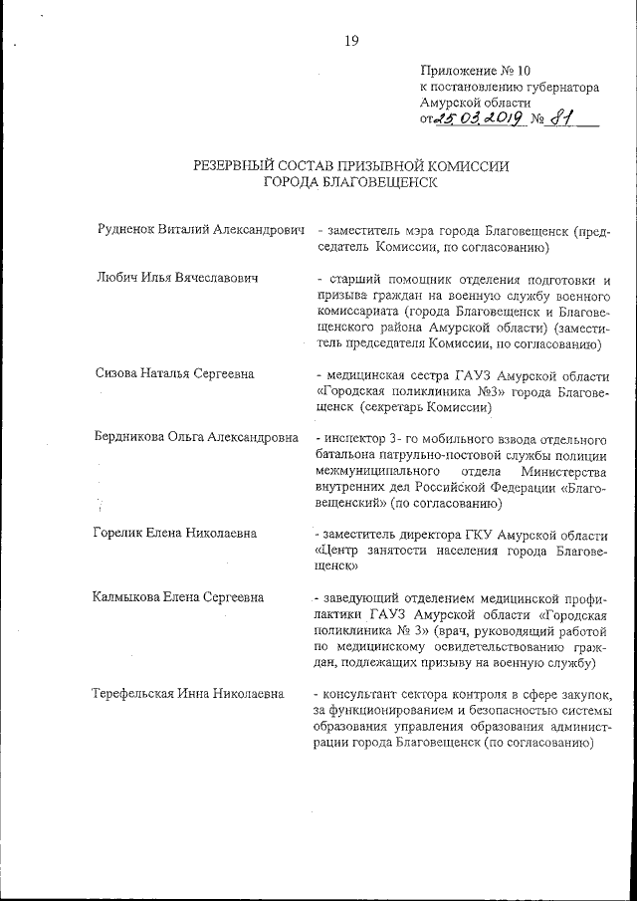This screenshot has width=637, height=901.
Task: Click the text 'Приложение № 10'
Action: tap(476, 71)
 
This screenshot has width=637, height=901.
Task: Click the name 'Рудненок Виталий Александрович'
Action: tap(197, 230)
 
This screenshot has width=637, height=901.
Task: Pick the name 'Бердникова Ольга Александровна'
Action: tap(196, 439)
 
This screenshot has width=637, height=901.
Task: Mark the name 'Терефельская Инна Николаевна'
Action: tap(187, 694)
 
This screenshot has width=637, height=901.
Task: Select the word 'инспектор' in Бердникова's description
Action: tap(353, 439)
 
